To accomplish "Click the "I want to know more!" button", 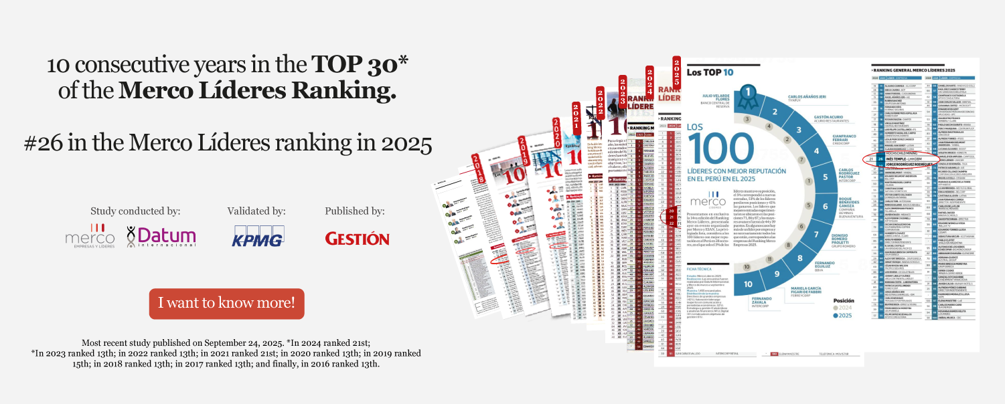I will [226, 303].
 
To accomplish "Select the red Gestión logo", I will [357, 238].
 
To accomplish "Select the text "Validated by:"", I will [256, 211].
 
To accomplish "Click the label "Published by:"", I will [355, 211].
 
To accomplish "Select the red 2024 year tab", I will [649, 81].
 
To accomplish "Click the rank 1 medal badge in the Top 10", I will [749, 94].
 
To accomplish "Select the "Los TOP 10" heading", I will [710, 72].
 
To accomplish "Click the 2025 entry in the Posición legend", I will [844, 315].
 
